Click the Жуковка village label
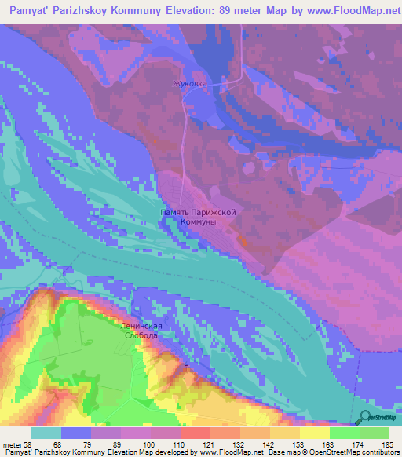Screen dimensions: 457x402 point(191,82)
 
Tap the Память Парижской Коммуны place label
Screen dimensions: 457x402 point(197,218)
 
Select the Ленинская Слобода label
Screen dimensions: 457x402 point(142,331)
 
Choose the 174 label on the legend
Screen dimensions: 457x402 point(359,445)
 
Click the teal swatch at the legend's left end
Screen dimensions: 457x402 point(46,433)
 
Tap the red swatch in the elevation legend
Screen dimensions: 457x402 point(195,433)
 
